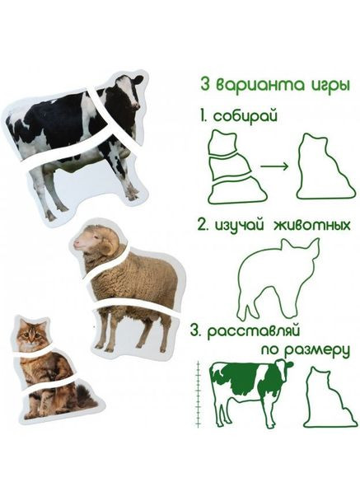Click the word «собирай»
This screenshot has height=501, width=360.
(245, 116)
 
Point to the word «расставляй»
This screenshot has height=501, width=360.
(253, 331)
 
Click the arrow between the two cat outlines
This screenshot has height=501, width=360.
(274, 166)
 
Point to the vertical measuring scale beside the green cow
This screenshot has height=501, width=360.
(199, 395)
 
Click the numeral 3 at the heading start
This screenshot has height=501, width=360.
(205, 85)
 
